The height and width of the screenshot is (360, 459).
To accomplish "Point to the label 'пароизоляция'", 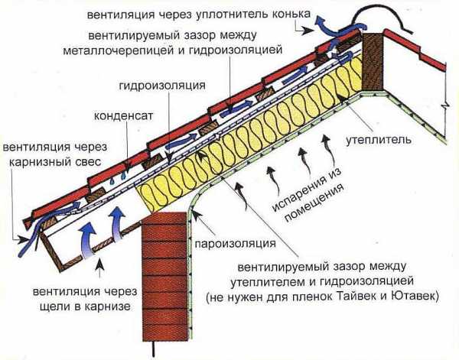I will pos(235,244).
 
